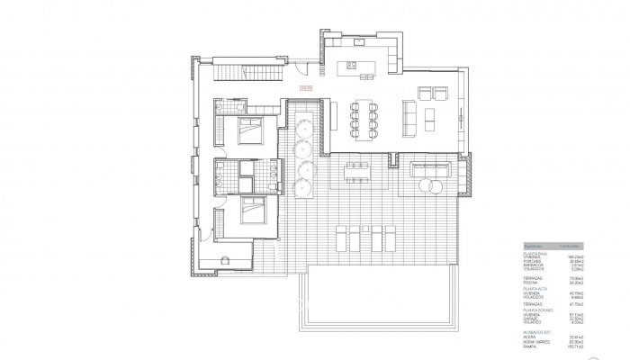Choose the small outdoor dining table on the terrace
357,172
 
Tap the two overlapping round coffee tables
430,186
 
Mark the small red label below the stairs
305,88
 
